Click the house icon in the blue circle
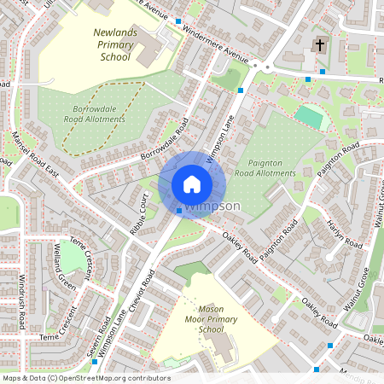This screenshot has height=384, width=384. point(192,183)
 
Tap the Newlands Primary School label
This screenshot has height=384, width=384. point(111,44)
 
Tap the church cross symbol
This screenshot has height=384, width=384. point(320,44)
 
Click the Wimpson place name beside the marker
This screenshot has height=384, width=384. point(213,207)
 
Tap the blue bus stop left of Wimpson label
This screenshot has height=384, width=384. point(178,210)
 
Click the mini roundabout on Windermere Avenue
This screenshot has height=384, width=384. point(267,67)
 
